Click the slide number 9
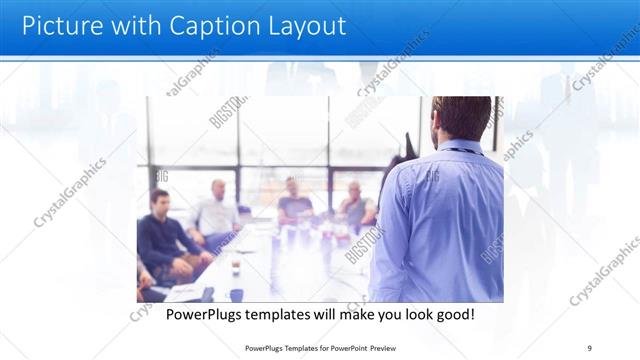pos(589,347)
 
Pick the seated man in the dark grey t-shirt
pos(294,200)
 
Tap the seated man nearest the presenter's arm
pos(354,205)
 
